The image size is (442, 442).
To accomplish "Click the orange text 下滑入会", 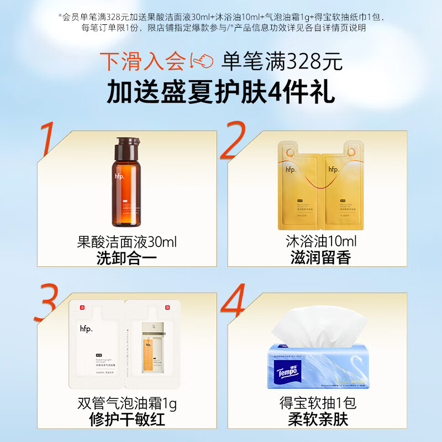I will point(142,61).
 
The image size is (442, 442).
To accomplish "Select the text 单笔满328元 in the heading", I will point(282,61).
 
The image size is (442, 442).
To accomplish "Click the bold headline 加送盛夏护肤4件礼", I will point(220,91).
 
